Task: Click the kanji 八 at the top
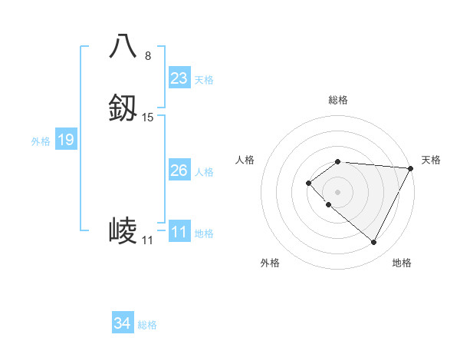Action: pyautogui.click(x=123, y=47)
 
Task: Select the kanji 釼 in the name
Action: pyautogui.click(x=123, y=108)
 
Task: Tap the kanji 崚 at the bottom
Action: pyautogui.click(x=123, y=231)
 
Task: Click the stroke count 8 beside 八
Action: pyautogui.click(x=148, y=55)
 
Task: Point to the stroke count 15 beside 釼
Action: pyautogui.click(x=148, y=118)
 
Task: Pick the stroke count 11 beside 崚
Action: pyautogui.click(x=147, y=240)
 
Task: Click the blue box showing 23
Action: pyautogui.click(x=179, y=78)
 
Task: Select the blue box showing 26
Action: pyautogui.click(x=179, y=171)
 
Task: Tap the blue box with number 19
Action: pyautogui.click(x=65, y=140)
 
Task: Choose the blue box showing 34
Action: pyautogui.click(x=122, y=323)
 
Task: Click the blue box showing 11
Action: pyautogui.click(x=179, y=232)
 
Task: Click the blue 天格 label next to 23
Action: pyautogui.click(x=204, y=80)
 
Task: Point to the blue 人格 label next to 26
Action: pyautogui.click(x=204, y=172)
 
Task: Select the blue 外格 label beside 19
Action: pyautogui.click(x=40, y=141)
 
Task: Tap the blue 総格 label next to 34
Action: pyautogui.click(x=147, y=325)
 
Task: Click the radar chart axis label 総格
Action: pyautogui.click(x=338, y=100)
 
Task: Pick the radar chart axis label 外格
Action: pyautogui.click(x=270, y=263)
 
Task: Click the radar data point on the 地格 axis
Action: pyautogui.click(x=373, y=243)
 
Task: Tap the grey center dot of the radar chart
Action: pyautogui.click(x=338, y=192)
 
